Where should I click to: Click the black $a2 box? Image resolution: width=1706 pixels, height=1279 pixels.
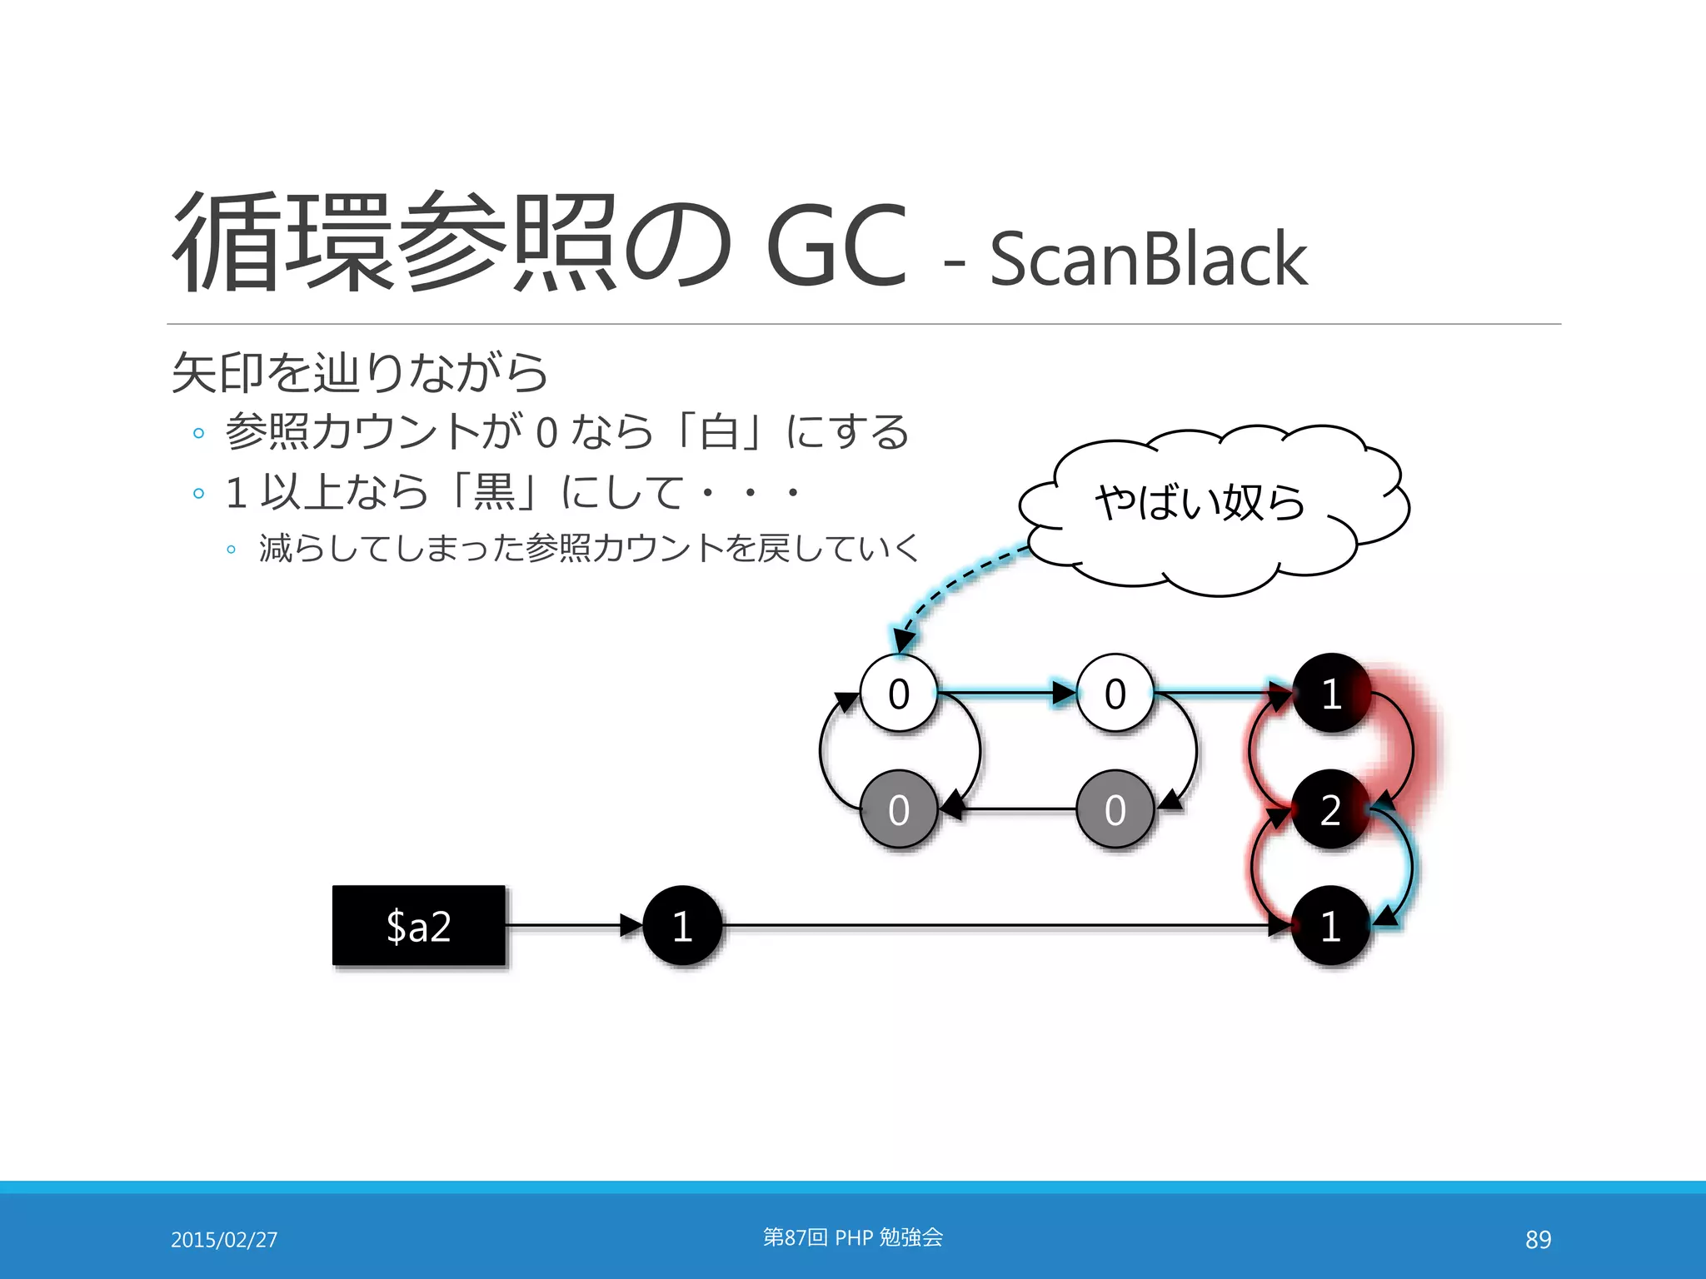pyautogui.click(x=418, y=925)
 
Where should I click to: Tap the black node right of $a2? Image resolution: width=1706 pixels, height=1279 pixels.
pyautogui.click(x=682, y=925)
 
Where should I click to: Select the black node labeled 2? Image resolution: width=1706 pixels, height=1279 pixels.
pyautogui.click(x=1330, y=809)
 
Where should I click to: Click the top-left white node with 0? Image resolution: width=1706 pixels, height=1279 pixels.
pyautogui.click(x=898, y=693)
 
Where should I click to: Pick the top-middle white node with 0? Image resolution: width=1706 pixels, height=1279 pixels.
pyautogui.click(x=1115, y=693)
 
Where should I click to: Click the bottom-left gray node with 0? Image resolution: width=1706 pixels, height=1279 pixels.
pyautogui.click(x=898, y=809)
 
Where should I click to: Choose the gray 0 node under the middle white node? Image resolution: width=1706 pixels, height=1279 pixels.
pyautogui.click(x=1115, y=809)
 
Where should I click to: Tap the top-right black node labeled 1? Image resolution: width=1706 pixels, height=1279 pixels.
pyautogui.click(x=1330, y=693)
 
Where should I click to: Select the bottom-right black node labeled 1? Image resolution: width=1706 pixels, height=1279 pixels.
pyautogui.click(x=1330, y=925)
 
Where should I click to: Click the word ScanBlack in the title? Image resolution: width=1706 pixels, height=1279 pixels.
pyautogui.click(x=1148, y=259)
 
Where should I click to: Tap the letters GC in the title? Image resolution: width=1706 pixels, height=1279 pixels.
pyautogui.click(x=836, y=246)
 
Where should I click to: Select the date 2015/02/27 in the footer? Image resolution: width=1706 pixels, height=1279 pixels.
pyautogui.click(x=224, y=1240)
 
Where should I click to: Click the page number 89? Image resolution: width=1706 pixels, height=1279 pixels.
pyautogui.click(x=1538, y=1240)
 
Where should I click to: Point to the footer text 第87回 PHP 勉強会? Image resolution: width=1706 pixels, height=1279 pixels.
pyautogui.click(x=853, y=1237)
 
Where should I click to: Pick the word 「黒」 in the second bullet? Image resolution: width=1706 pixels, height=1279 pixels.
pyautogui.click(x=494, y=491)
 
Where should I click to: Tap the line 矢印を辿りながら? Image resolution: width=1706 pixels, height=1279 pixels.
pyautogui.click(x=360, y=372)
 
